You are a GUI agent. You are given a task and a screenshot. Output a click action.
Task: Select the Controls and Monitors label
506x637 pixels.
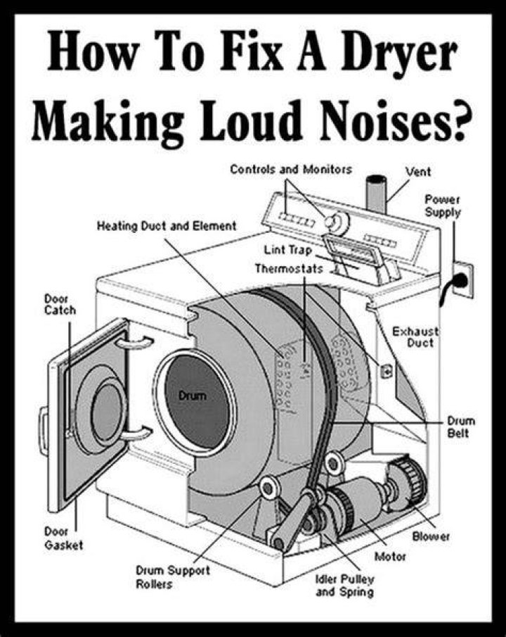291,169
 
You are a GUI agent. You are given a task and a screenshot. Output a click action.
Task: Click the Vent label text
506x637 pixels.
418,172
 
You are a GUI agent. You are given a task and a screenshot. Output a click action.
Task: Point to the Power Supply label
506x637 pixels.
443,206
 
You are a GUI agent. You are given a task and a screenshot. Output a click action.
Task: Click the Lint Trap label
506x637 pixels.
288,249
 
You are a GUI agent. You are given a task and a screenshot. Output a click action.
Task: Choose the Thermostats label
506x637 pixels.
289,269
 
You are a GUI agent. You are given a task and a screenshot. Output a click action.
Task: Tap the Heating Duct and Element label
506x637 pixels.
167,226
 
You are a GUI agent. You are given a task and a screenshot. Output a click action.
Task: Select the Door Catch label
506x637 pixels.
60,305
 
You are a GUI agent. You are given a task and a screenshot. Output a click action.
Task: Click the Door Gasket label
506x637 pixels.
63,538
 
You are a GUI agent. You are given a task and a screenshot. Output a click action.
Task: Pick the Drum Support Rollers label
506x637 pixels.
172,577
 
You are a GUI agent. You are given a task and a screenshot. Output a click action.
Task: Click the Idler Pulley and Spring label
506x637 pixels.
345,586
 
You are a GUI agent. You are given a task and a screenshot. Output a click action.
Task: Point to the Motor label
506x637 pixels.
390,556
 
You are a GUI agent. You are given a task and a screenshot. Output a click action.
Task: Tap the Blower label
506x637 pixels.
431,536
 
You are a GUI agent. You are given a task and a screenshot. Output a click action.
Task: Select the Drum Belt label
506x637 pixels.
461,427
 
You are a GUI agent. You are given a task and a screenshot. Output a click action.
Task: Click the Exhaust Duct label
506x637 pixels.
415,337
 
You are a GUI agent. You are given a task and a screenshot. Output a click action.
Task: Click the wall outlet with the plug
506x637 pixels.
462,280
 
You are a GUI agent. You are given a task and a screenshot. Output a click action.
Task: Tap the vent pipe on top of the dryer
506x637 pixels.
376,194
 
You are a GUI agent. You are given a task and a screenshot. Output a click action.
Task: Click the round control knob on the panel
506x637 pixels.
337,222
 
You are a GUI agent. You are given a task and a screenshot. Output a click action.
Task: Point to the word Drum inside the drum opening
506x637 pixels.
193,395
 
